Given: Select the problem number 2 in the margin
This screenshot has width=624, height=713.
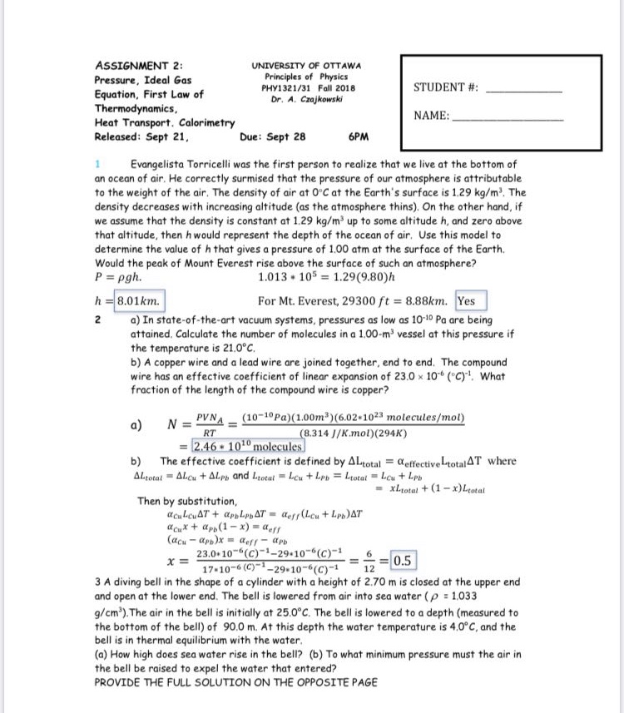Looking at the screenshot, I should coord(99,319).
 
